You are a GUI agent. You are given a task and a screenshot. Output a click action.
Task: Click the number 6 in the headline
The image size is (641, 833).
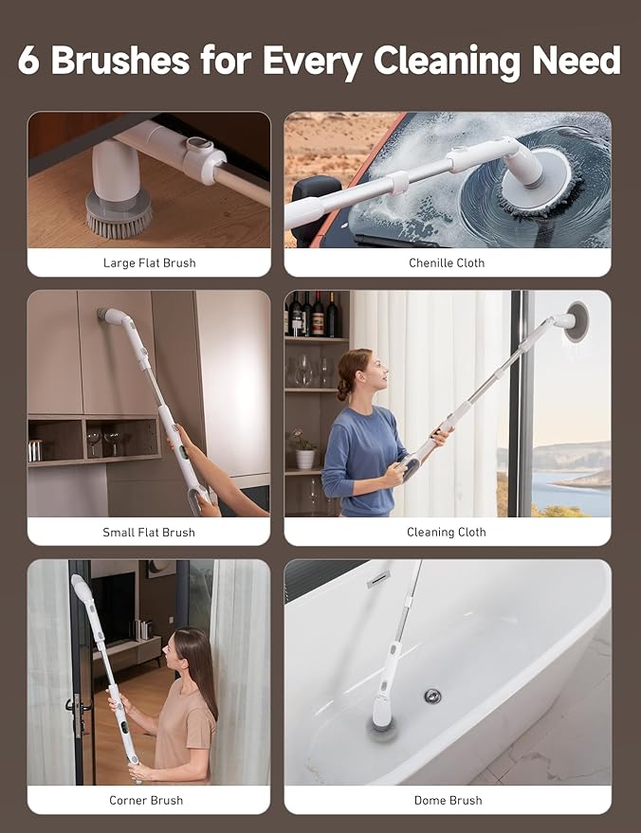coord(31,60)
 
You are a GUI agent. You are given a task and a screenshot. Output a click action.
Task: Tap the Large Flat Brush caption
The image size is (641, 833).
coord(149,263)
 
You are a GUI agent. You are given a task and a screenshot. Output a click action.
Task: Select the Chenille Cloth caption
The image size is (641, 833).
coord(447,263)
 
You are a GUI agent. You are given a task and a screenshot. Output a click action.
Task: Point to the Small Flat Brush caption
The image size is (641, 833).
coord(149,532)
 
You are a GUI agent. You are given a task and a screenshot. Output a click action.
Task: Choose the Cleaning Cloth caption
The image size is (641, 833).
coord(447,532)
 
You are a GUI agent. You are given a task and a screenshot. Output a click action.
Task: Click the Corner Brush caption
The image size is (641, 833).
coord(146,800)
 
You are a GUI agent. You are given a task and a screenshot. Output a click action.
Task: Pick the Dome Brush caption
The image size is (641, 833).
coord(448,800)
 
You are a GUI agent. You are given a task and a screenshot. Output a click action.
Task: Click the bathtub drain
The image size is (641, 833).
coord(432,697)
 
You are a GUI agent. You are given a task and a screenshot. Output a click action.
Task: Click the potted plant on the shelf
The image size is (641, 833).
coord(304,452)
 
